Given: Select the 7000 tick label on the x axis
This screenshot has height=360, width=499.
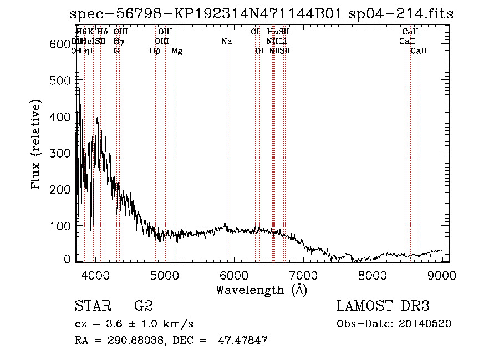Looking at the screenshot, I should (x=303, y=275).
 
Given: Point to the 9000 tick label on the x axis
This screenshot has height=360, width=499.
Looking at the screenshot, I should (x=442, y=275).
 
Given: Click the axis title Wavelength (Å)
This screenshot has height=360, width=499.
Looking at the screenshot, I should (x=261, y=290).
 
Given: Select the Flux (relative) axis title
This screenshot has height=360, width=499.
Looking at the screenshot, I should (x=37, y=146).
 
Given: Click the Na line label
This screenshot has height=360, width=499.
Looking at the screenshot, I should (x=226, y=42).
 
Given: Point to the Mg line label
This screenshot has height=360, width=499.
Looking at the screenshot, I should (x=177, y=51).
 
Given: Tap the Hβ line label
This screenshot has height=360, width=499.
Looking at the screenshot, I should (x=155, y=51).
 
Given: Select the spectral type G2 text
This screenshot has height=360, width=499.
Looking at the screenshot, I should (x=144, y=306).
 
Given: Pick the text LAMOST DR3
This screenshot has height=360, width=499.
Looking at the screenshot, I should (x=383, y=306).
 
